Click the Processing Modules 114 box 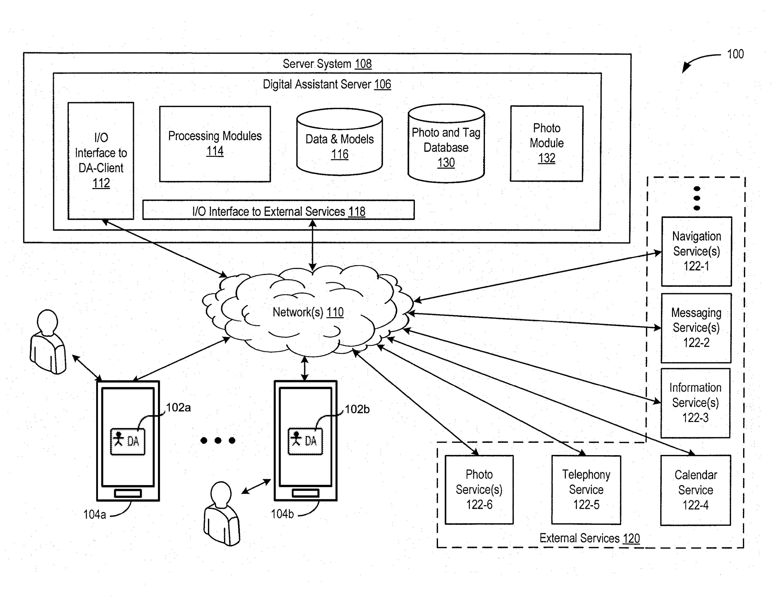(215, 144)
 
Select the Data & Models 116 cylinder (340, 146)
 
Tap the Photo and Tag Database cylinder (446, 148)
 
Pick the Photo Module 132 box (547, 143)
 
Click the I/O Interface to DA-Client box (101, 160)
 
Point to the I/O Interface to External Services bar (278, 211)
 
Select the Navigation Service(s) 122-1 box (696, 251)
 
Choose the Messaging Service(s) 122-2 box (696, 328)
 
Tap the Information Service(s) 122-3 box (695, 403)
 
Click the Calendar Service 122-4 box (695, 490)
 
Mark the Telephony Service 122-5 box (586, 489)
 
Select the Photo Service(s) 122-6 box (479, 489)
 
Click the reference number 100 (735, 54)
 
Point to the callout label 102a (178, 408)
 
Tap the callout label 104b (282, 514)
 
